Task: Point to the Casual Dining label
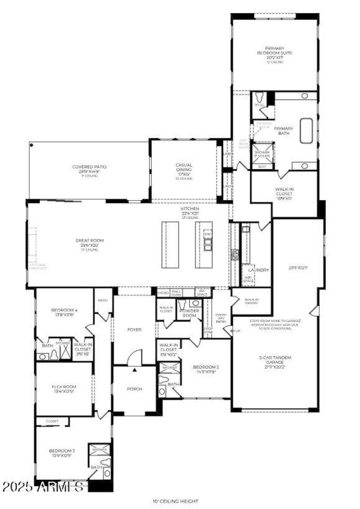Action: pyautogui.click(x=184, y=168)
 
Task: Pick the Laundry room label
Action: pyautogui.click(x=259, y=270)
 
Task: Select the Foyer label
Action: pyautogui.click(x=134, y=330)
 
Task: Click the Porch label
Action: pyautogui.click(x=134, y=389)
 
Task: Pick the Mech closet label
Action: pyautogui.click(x=103, y=300)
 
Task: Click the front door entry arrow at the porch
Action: pyautogui.click(x=135, y=370)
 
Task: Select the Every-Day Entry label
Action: pyautogui.click(x=220, y=317)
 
